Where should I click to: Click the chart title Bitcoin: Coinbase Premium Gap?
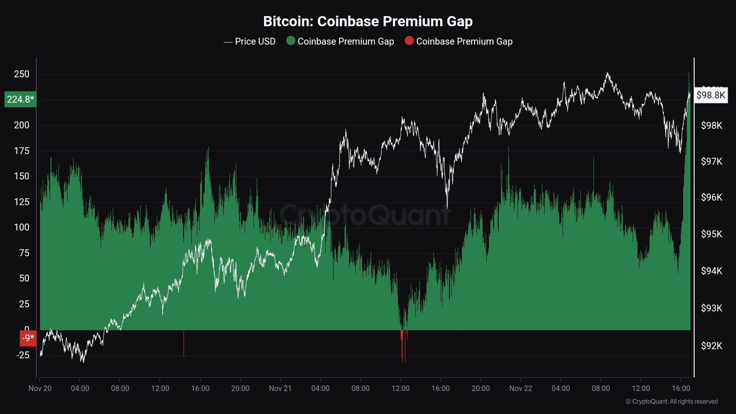click(x=368, y=21)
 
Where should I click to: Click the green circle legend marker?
click(x=291, y=41)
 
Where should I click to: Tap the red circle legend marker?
click(x=409, y=41)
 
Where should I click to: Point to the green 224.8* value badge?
click(x=20, y=99)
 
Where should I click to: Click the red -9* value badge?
click(x=28, y=338)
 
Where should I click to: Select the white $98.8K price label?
click(x=711, y=95)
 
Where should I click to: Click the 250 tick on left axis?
click(x=22, y=74)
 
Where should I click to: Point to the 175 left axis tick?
click(x=22, y=151)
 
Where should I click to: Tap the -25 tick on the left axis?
click(x=23, y=355)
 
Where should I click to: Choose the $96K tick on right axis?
click(x=712, y=197)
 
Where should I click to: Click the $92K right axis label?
click(x=712, y=346)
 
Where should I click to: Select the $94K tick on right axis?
click(x=712, y=271)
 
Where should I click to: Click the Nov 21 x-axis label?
click(x=280, y=388)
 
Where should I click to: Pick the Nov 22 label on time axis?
click(x=521, y=388)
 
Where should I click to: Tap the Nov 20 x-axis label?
click(x=40, y=388)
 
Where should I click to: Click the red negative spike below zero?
click(x=403, y=347)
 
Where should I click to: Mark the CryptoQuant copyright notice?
click(x=672, y=402)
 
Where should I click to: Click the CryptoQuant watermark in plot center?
click(x=366, y=215)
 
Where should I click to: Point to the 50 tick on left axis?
click(x=24, y=278)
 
